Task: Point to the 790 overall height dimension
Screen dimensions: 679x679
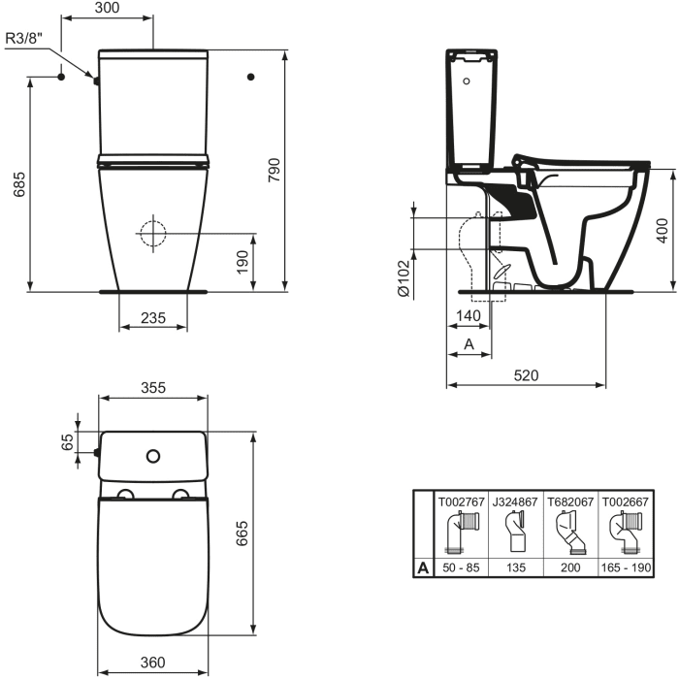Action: tap(275, 171)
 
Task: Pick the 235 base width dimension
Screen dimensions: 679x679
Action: tap(152, 317)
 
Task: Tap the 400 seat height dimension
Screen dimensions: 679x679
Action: tap(663, 230)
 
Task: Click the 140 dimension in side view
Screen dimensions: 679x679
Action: tap(469, 317)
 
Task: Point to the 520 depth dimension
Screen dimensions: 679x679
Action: tap(526, 375)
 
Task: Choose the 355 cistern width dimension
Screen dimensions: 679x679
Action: tap(152, 387)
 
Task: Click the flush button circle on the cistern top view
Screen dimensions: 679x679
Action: tap(152, 454)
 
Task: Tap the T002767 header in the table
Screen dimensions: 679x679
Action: tap(461, 502)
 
